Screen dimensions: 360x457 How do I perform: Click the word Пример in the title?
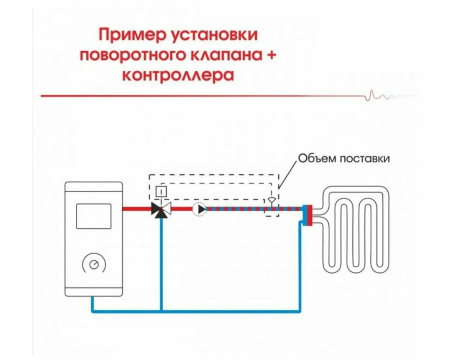tap(132, 35)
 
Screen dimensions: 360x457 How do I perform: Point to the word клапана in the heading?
tap(226, 55)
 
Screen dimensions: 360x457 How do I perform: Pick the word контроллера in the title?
tap(178, 75)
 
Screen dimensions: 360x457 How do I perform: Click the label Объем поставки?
tap(344, 158)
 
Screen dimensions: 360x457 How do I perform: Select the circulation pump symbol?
tap(199, 209)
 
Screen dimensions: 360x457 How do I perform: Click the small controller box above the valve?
tap(161, 191)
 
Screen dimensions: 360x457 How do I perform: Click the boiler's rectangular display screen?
tap(94, 216)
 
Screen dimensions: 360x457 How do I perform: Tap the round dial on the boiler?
tap(94, 265)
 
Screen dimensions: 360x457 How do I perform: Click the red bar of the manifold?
tap(310, 215)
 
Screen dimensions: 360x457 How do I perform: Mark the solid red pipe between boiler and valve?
tap(137, 209)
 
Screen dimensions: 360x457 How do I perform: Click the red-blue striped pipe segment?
tap(239, 209)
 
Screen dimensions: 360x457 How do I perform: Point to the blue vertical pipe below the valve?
tap(161, 264)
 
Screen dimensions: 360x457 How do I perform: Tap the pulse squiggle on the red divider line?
tap(372, 95)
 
